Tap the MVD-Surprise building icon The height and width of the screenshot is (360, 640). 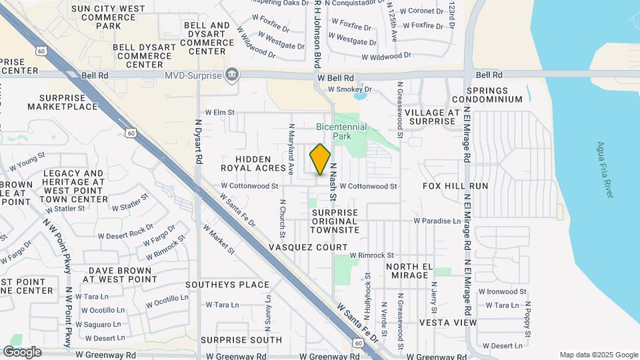pos(231,73)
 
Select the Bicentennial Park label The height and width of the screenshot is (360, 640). pos(333,131)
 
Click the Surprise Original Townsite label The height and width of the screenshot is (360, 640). pos(335,221)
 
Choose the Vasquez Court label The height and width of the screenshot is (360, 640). pos(308,247)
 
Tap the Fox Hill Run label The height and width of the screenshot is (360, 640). pos(455,186)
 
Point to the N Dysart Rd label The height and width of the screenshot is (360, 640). pos(198,142)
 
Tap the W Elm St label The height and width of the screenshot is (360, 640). pos(220,113)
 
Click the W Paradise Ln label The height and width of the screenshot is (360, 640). pos(437,221)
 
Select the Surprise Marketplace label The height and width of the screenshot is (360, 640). pos(63,101)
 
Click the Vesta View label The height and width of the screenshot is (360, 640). pos(448,322)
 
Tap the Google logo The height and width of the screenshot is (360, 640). pos(22,352)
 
